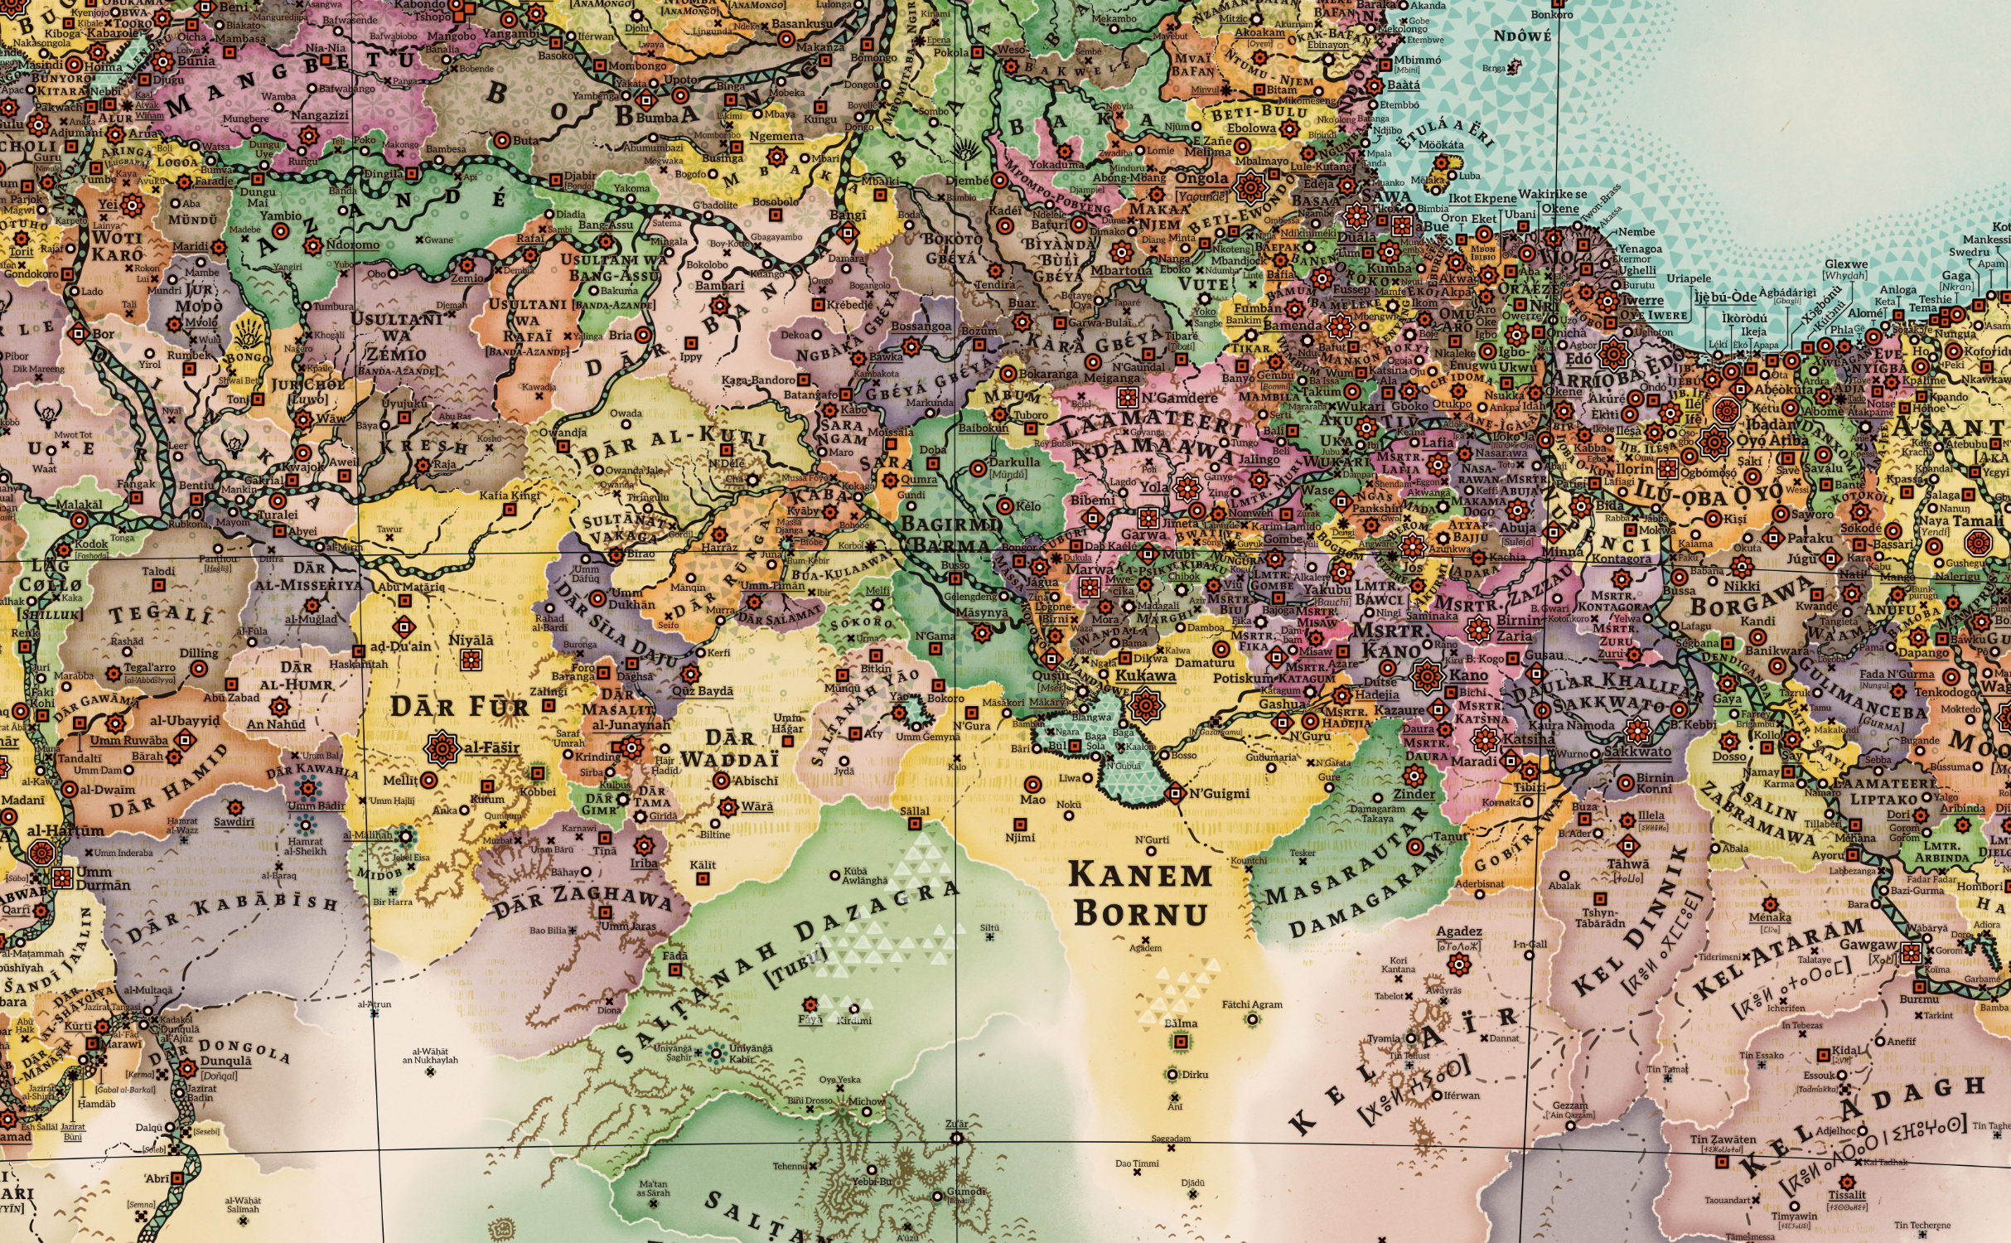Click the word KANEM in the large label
(1139, 876)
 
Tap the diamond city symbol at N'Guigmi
(1174, 794)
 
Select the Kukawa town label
(1145, 675)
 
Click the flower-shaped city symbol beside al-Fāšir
(442, 748)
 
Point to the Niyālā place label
(471, 641)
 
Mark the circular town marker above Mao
(1032, 783)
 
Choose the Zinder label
(1414, 794)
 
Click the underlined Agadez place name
(1458, 931)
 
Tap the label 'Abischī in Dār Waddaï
(756, 781)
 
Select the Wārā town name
(757, 806)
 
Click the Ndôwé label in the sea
(1521, 36)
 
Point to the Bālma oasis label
(1180, 1023)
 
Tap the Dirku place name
(1195, 1075)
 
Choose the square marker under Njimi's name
(1020, 825)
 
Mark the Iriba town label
(644, 863)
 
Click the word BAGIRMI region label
(951, 525)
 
